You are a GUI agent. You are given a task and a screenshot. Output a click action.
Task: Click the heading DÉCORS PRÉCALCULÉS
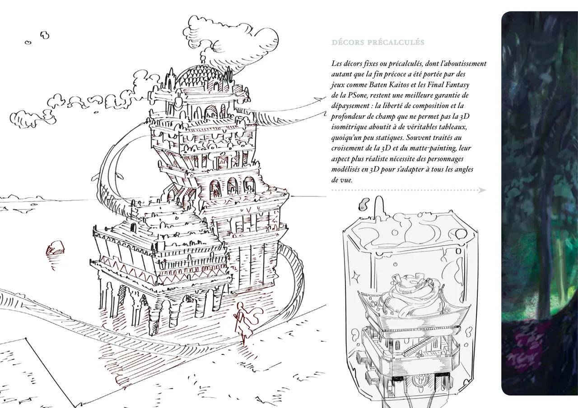(378, 42)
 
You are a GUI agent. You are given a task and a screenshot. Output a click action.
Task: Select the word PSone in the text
(358, 95)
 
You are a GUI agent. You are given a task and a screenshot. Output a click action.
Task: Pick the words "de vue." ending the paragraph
(342, 180)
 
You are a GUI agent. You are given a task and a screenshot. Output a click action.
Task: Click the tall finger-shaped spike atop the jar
(378, 206)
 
